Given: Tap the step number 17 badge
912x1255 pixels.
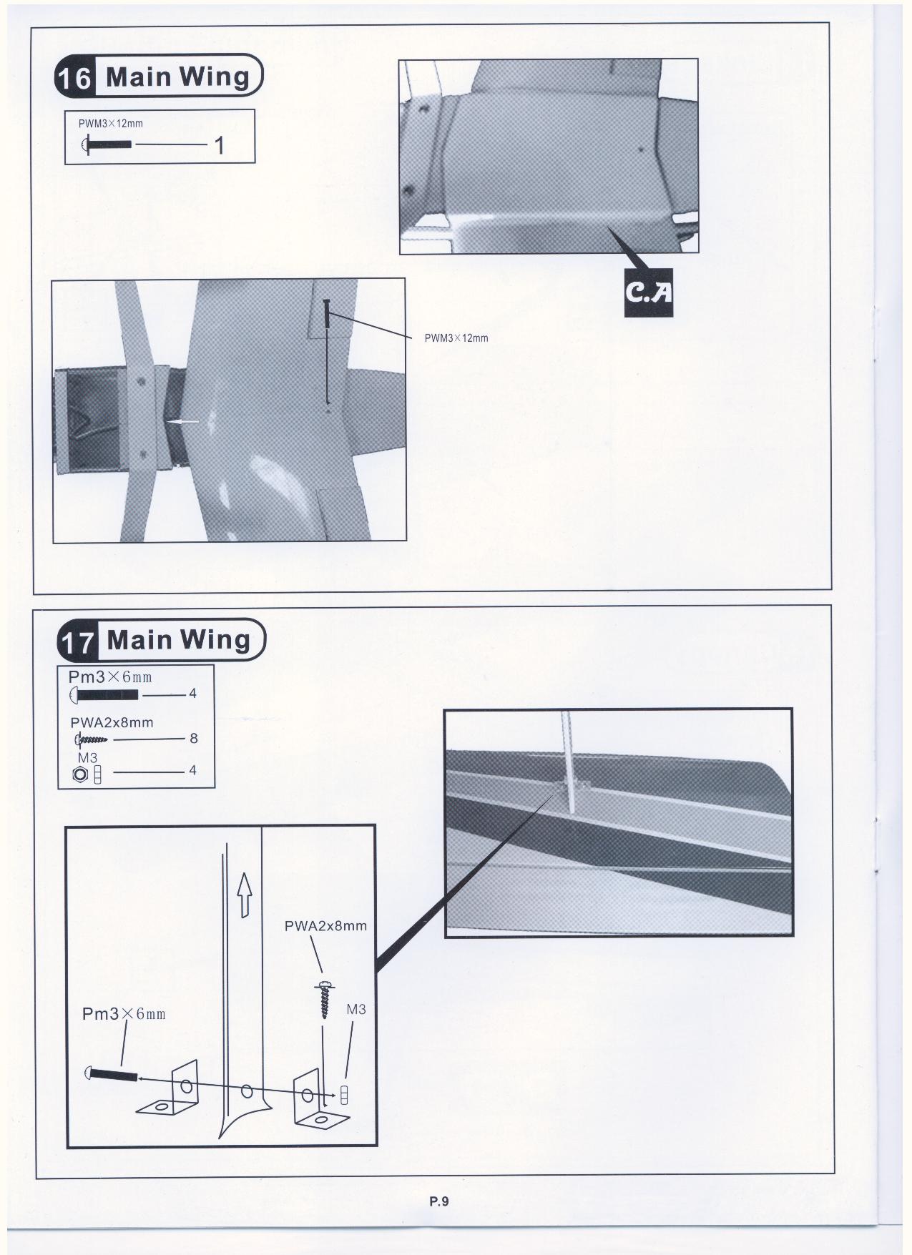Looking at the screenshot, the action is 76,641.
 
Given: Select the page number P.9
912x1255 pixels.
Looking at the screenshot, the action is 439,1201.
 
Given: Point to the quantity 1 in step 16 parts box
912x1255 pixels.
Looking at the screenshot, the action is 220,146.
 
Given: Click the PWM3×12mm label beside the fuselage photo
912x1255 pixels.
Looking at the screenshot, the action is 456,338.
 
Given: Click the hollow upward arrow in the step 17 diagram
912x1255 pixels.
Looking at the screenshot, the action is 245,895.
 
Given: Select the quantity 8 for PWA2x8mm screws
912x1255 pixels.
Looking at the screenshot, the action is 194,738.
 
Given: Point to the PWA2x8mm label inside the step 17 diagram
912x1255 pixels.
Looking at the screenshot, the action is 325,926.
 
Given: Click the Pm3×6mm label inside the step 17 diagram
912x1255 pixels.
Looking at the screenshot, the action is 124,1014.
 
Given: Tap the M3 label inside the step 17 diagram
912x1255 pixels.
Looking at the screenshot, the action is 356,1010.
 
